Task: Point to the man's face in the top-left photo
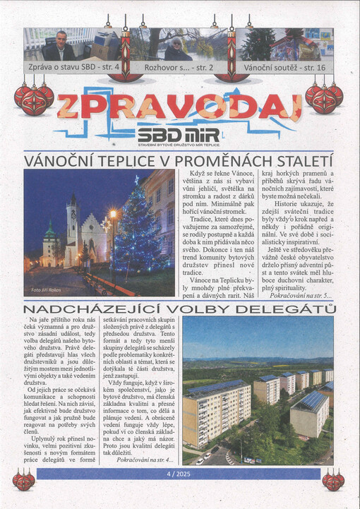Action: [x=61, y=37]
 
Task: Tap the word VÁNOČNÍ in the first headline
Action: [x=59, y=160]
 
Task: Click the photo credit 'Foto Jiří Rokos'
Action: [x=45, y=289]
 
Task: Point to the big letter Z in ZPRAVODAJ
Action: [x=69, y=107]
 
